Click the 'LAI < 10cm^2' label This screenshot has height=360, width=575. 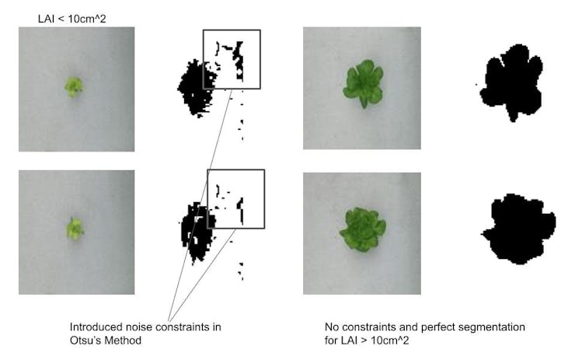click(71, 19)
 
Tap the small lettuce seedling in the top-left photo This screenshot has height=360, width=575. click(74, 86)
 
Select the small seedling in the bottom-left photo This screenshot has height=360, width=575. click(75, 229)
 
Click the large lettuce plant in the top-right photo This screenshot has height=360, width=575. click(364, 82)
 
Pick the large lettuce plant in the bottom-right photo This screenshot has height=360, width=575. click(362, 229)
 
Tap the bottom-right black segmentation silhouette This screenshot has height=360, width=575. click(518, 229)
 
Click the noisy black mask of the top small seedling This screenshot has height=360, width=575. click(196, 88)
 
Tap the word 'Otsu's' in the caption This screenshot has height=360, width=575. click(85, 341)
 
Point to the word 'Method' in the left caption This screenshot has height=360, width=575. click(122, 341)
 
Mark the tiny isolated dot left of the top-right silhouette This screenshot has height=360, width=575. click(476, 85)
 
